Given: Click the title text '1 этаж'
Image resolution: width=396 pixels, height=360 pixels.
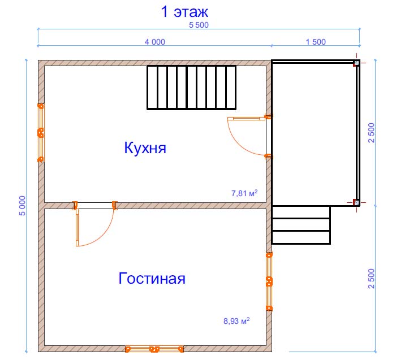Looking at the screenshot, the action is pyautogui.click(x=184, y=12).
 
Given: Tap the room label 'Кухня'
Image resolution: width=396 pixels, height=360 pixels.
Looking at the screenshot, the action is pyautogui.click(x=145, y=148).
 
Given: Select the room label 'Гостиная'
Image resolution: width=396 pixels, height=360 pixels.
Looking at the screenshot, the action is pyautogui.click(x=152, y=278).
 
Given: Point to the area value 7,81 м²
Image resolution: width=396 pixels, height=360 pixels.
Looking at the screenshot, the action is pyautogui.click(x=244, y=193).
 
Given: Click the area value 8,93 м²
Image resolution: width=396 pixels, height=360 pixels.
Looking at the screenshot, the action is pyautogui.click(x=236, y=321).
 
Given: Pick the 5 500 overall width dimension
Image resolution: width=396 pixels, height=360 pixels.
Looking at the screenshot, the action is pyautogui.click(x=199, y=25).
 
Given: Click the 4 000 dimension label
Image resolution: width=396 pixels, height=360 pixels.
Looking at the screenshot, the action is pyautogui.click(x=155, y=42).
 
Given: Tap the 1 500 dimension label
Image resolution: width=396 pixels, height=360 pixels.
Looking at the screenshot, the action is pyautogui.click(x=316, y=42).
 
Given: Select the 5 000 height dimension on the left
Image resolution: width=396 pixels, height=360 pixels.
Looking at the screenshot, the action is pyautogui.click(x=23, y=206).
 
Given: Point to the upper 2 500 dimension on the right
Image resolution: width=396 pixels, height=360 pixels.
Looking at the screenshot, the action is pyautogui.click(x=372, y=133).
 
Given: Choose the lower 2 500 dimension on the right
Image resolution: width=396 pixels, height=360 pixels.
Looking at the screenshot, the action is pyautogui.click(x=372, y=279).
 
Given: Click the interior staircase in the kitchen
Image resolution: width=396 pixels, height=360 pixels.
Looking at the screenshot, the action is pyautogui.click(x=191, y=88).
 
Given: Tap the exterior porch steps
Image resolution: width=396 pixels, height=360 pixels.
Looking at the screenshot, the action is pyautogui.click(x=301, y=225).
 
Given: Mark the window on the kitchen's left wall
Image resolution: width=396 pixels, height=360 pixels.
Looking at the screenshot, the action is pyautogui.click(x=41, y=133).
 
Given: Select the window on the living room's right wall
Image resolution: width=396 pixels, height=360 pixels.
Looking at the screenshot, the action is pyautogui.click(x=269, y=281).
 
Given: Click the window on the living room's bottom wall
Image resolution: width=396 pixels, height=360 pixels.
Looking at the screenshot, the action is pyautogui.click(x=154, y=349).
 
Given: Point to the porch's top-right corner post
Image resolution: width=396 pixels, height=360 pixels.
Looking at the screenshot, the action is pyautogui.click(x=356, y=63).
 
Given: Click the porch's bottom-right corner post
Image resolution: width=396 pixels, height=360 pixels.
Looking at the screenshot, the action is pyautogui.click(x=356, y=202).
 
